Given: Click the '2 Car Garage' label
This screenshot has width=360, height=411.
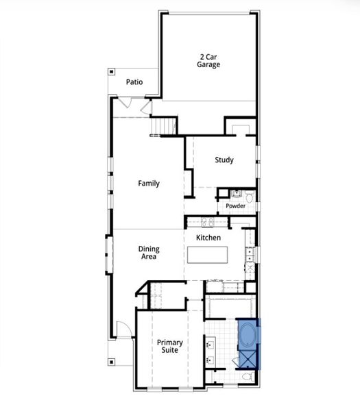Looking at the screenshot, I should [209, 60].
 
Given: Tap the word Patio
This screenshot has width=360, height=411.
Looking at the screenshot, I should [134, 82].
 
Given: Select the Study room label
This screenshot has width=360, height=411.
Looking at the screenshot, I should [224, 160].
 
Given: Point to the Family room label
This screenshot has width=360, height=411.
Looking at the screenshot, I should [149, 184].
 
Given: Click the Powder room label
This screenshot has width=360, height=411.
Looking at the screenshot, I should [235, 206].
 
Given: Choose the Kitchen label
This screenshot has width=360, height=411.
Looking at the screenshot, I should [208, 238].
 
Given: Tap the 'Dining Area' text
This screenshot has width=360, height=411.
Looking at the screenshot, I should [149, 253].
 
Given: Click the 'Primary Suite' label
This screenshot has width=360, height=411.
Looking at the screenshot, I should [167, 346].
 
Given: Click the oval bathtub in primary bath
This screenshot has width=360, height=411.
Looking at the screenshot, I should [248, 336].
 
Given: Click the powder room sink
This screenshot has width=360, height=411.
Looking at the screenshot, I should [234, 193].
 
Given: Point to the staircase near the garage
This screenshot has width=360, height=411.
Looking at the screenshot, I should [163, 127].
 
